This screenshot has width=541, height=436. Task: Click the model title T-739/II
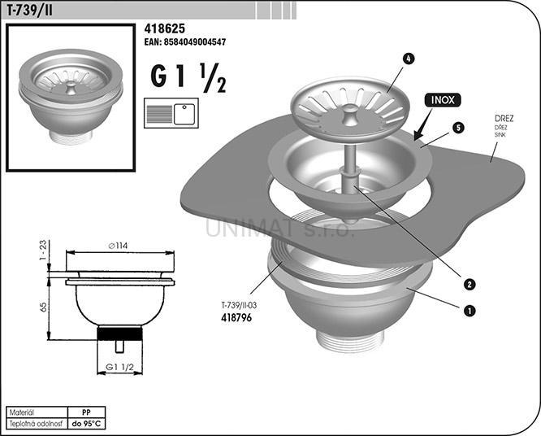[30, 11]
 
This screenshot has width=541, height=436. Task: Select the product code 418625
[165, 28]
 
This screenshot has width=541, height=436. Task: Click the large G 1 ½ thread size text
[188, 78]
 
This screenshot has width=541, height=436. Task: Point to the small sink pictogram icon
[171, 113]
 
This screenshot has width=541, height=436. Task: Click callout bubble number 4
[408, 59]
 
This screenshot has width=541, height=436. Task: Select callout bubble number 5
[458, 129]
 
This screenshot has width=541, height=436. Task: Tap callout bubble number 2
[470, 285]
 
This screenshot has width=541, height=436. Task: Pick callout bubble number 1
[470, 311]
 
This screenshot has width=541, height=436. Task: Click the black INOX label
[443, 100]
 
